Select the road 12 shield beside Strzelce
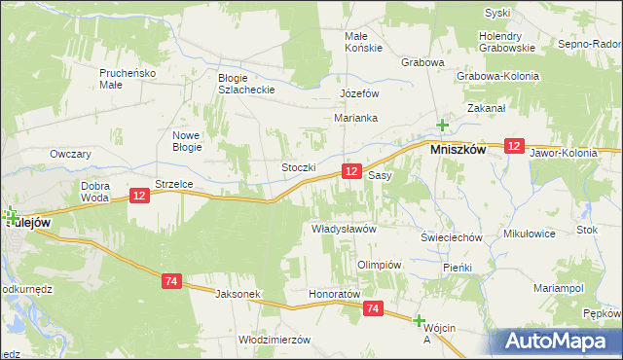click(x=138, y=196)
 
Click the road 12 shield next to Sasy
click(x=353, y=171)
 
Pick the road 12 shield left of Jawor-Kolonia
click(x=515, y=145)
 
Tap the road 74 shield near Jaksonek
click(x=171, y=281)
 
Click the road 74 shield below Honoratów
click(x=373, y=307)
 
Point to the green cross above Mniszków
click(x=442, y=125)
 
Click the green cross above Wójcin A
click(x=420, y=320)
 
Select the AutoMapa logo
click(x=558, y=341)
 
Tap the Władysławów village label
click(x=343, y=229)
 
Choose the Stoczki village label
click(x=299, y=167)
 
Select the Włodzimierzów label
click(x=274, y=340)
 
